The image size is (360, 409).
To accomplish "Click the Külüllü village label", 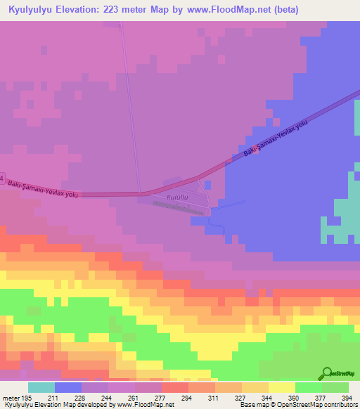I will (x=175, y=198).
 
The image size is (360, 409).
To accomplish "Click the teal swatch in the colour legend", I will (x=41, y=387).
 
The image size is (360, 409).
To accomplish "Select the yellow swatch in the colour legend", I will (x=282, y=387).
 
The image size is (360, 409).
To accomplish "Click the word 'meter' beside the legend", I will (x=10, y=398).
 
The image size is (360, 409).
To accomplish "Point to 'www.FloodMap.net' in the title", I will (x=222, y=9).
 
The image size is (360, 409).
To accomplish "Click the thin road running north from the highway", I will (x=130, y=105).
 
